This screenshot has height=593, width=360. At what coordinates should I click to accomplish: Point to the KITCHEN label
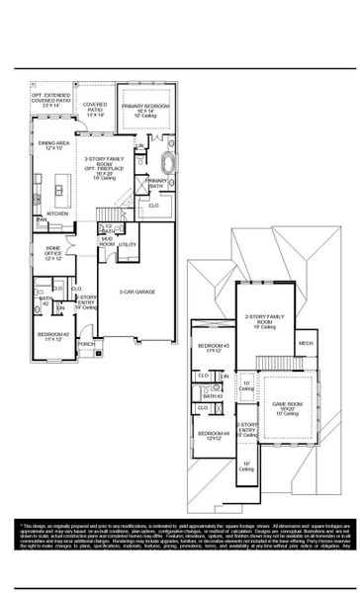pos(56,212)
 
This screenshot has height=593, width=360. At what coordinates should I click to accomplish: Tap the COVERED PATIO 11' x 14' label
pos(96,108)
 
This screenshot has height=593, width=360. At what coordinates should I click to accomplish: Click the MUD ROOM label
pos(107,240)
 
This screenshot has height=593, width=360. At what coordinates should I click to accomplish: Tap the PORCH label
pos(88,345)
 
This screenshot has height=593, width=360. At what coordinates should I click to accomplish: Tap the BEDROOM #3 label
pos(214,348)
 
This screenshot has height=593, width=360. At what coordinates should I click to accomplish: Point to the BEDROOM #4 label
pos(214,436)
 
